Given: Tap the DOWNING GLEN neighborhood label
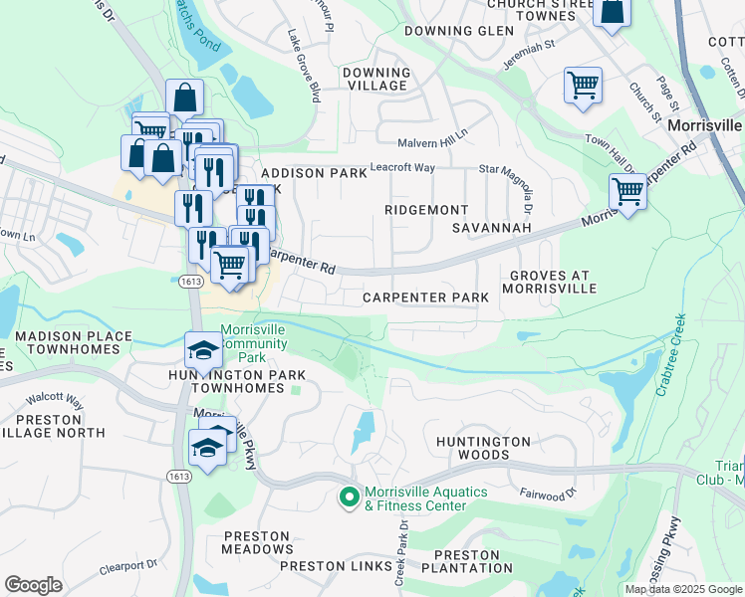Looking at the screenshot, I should (x=459, y=31).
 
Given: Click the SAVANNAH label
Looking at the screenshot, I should (x=491, y=228).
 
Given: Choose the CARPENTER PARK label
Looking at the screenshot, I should (x=425, y=298).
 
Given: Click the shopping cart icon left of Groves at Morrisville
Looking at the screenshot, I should (x=627, y=190).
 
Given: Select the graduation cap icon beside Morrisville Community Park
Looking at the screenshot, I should (x=203, y=349).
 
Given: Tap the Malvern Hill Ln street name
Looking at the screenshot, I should (x=432, y=143).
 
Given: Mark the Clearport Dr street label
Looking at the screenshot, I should (x=128, y=567).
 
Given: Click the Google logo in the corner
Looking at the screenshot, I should (x=33, y=584).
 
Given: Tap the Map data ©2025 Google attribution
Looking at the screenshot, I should (x=683, y=589).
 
